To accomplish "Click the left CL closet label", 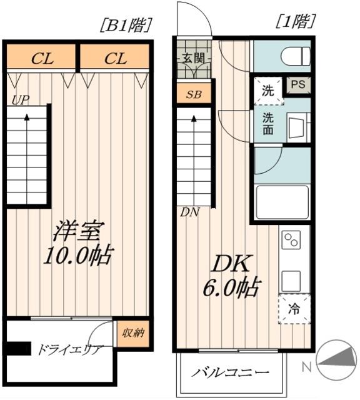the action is pyautogui.click(x=42, y=59).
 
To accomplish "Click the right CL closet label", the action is pyautogui.click(x=116, y=59).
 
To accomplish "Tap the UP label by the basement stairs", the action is pyautogui.click(x=21, y=100).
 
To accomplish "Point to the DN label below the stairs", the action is pyautogui.click(x=189, y=212).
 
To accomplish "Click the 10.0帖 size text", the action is pyautogui.click(x=78, y=256).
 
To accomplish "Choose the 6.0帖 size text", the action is pyautogui.click(x=232, y=287).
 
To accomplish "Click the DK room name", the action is pyautogui.click(x=231, y=264).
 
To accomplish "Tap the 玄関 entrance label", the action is pyautogui.click(x=193, y=58).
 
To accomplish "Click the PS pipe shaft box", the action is pyautogui.click(x=298, y=85).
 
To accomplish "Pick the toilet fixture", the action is pyautogui.click(x=296, y=56).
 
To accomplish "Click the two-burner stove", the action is pyautogui.click(x=291, y=240).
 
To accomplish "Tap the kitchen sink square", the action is pyautogui.click(x=291, y=280).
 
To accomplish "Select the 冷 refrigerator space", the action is pyautogui.click(x=294, y=309).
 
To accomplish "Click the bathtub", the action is pyautogui.click(x=282, y=202).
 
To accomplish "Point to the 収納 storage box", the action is pyautogui.click(x=133, y=333).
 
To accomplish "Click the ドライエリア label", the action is pyautogui.click(x=71, y=350).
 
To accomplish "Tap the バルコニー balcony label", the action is pyautogui.click(x=231, y=372).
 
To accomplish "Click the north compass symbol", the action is pyautogui.click(x=336, y=360).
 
